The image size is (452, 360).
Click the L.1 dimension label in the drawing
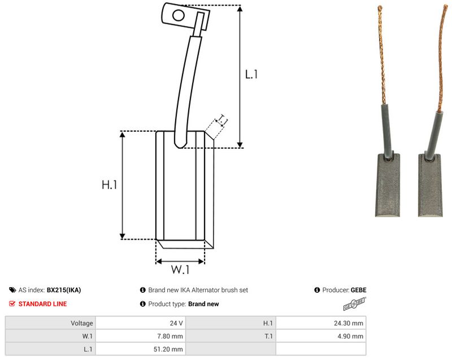(251, 75)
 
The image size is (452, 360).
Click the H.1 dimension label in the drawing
(109, 185)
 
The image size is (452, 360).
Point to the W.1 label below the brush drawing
(180, 270)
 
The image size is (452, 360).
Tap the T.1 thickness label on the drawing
(222, 120)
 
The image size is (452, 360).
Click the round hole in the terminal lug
(179, 15)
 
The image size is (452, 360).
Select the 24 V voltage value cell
(141, 323)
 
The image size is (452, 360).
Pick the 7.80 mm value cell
(141, 336)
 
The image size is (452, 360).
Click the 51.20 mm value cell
(141, 349)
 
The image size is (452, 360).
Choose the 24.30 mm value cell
(321, 323)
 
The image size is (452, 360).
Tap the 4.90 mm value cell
(321, 336)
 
